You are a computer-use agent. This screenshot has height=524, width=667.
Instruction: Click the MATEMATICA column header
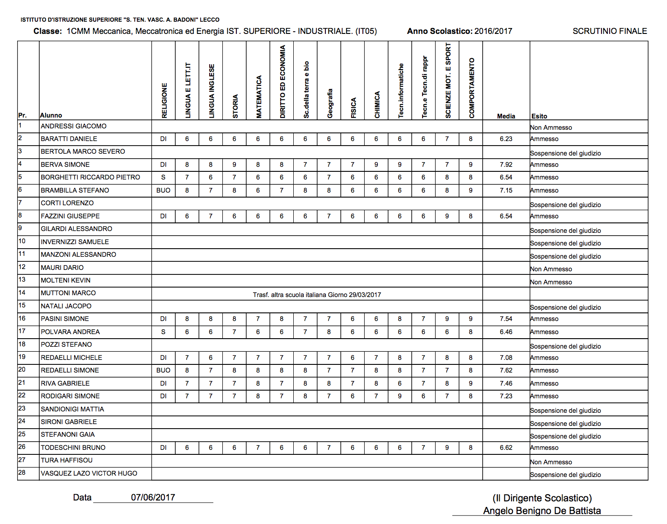(x=259, y=97)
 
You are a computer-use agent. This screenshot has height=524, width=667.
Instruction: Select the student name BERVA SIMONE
(x=65, y=165)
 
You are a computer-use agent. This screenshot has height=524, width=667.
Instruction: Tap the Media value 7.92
(x=506, y=165)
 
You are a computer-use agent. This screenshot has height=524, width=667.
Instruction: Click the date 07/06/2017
(x=153, y=497)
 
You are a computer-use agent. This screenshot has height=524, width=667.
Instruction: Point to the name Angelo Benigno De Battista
(x=542, y=511)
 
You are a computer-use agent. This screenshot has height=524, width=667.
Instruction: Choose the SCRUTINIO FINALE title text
(x=610, y=31)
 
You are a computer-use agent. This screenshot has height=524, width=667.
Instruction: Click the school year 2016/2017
(x=493, y=31)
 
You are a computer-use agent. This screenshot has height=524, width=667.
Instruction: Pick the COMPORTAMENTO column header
(x=472, y=88)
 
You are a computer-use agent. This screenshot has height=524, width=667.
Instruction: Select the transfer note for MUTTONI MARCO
(x=317, y=295)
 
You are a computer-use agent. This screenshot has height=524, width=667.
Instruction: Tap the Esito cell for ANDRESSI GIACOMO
(x=551, y=127)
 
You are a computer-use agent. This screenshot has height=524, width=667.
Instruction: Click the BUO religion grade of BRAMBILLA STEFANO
(x=163, y=190)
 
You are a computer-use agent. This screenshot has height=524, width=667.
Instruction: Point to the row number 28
(x=22, y=472)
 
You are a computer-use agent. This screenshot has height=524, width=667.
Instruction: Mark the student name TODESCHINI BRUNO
(x=73, y=448)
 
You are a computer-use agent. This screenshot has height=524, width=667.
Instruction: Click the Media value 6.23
(x=506, y=139)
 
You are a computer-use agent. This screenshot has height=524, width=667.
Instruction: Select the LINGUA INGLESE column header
(x=211, y=91)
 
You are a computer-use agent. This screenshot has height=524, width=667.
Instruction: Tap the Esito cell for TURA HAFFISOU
(x=551, y=462)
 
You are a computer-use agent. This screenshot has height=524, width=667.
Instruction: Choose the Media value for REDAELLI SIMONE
(x=506, y=370)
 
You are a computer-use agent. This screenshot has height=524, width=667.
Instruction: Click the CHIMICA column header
(x=377, y=105)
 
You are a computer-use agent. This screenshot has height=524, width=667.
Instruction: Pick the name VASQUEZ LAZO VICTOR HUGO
(x=89, y=473)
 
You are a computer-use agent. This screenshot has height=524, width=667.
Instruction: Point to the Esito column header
(x=539, y=116)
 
